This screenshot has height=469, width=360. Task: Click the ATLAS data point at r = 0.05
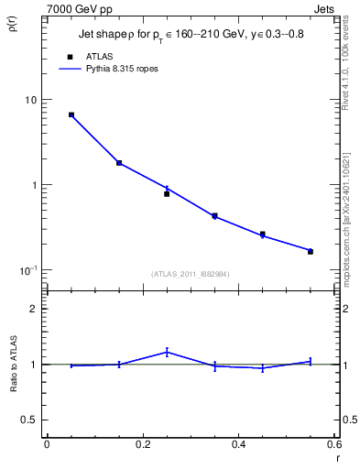[71, 115]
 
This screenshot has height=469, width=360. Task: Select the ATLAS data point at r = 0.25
[167, 193]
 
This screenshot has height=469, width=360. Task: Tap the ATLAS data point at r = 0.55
[310, 251]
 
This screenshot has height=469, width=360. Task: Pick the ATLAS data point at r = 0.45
[262, 234]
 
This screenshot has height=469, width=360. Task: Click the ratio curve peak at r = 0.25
[167, 352]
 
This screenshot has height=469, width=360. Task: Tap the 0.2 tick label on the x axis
[143, 444]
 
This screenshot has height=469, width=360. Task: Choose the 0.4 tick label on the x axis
[238, 444]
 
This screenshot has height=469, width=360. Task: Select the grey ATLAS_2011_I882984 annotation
[191, 274]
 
